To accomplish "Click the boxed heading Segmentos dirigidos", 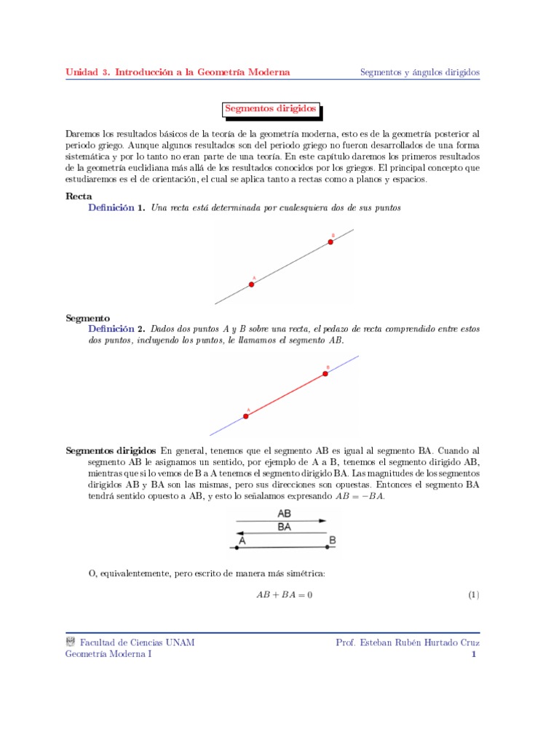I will tap(271, 109).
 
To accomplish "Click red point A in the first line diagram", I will tap(252, 284).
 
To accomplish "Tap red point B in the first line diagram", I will tap(330, 242).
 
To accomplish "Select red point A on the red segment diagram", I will tap(245, 416).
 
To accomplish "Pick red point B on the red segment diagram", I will tap(326, 374).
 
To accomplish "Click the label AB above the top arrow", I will tap(285, 513).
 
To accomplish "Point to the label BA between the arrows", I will tap(285, 527).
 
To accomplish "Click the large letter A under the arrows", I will tap(242, 541).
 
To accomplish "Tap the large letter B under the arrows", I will tap(332, 541).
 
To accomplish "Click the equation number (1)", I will tap(473, 595).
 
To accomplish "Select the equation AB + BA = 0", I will tap(284, 595).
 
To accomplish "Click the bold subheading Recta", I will tap(79, 196).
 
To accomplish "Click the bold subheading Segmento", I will tap(87, 318).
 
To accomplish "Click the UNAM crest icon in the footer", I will tap(71, 642).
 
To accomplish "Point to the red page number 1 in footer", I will tap(474, 654).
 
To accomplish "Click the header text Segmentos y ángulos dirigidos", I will tap(420, 72).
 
